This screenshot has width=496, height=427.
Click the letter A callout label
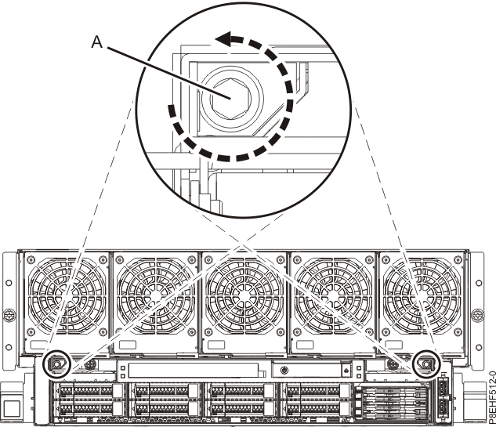pos(96,44)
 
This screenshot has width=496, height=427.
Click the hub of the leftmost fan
pos(67,299)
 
